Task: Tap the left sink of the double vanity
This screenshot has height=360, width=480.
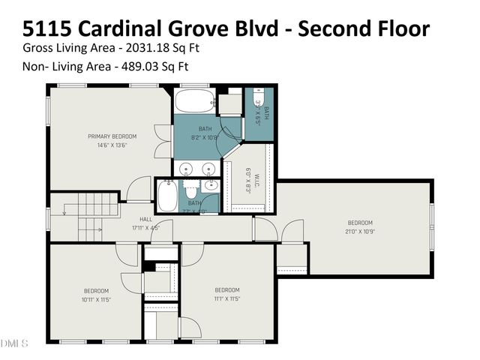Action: tap(187, 168)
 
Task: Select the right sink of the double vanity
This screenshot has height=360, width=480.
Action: tap(210, 168)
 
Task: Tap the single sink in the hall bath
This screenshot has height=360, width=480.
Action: tap(211, 185)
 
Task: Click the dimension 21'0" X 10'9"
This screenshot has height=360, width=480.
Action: tap(359, 230)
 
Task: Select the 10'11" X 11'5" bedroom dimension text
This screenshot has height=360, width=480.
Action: tap(96, 298)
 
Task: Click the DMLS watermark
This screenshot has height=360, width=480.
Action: tap(13, 343)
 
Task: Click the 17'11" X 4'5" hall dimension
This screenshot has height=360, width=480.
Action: tap(145, 227)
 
